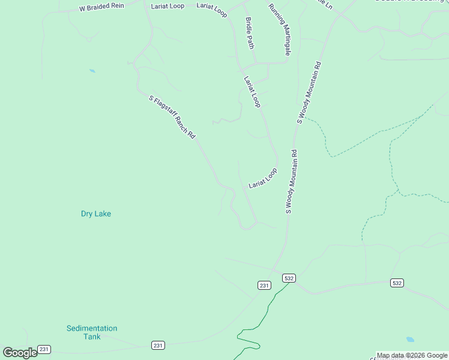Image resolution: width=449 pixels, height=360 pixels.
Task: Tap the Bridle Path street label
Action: tap(250, 33)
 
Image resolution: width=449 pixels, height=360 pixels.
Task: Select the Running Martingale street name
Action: tap(280, 29)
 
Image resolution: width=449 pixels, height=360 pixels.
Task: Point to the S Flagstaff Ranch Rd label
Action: tap(172, 116)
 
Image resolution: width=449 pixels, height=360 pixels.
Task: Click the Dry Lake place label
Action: tap(96, 214)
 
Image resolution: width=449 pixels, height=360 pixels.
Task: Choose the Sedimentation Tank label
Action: tap(92, 332)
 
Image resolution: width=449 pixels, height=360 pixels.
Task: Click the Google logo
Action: tap(20, 353)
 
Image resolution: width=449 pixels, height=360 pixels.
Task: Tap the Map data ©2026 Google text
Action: tap(412, 356)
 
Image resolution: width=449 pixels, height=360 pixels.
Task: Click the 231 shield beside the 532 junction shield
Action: tap(265, 286)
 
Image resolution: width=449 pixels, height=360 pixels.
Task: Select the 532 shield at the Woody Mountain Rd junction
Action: tap(289, 278)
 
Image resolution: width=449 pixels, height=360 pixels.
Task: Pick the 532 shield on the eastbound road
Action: tap(396, 283)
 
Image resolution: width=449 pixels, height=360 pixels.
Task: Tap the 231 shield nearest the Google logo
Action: tap(44, 349)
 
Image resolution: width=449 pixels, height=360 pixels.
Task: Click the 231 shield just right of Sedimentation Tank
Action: tap(157, 346)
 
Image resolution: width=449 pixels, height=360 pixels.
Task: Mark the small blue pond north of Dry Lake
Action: tap(92, 71)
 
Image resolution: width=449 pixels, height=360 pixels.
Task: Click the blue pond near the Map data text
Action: tap(410, 339)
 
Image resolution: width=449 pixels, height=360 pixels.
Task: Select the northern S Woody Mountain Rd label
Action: tap(310, 92)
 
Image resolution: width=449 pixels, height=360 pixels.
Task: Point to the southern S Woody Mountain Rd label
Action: tap(291, 182)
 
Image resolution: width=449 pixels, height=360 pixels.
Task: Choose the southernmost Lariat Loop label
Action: tap(263, 179)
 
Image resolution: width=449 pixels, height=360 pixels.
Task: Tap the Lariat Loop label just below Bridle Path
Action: tap(252, 92)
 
